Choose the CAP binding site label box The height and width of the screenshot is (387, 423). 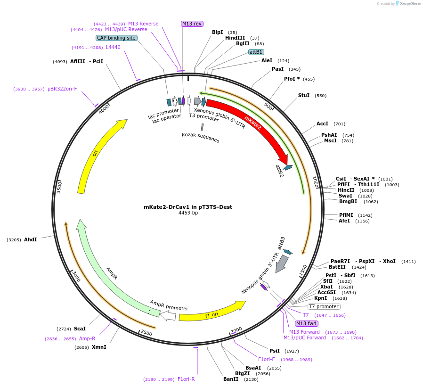click(x=116, y=38)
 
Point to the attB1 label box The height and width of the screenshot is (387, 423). click(x=256, y=52)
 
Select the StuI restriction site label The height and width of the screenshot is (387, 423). click(x=304, y=95)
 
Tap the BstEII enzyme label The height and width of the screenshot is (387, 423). click(x=337, y=267)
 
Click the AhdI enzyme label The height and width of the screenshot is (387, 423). click(x=31, y=239)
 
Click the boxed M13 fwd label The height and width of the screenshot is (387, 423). click(x=307, y=323)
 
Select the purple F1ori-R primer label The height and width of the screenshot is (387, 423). click(x=186, y=379)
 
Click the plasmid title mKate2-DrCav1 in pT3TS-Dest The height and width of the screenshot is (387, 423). click(x=188, y=207)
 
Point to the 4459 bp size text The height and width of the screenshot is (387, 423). click(x=188, y=213)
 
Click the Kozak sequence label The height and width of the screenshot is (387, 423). click(x=201, y=138)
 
